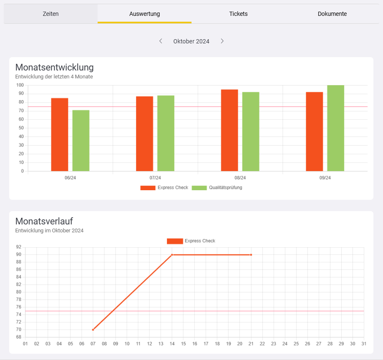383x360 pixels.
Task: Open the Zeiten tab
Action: [x=50, y=14]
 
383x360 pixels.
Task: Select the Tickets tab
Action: [x=238, y=14]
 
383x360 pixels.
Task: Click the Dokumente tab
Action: [x=332, y=14]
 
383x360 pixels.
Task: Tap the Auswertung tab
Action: [x=144, y=14]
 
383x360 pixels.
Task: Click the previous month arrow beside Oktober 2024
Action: [x=161, y=41]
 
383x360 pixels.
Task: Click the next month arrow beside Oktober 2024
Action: [x=222, y=41]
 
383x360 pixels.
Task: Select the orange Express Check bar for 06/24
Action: [x=60, y=134]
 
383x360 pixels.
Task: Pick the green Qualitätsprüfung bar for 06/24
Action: [x=81, y=140]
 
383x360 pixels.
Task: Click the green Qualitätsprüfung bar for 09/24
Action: [x=335, y=128]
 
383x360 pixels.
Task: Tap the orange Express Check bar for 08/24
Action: [x=229, y=130]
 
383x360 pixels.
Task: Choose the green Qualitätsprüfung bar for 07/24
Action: [x=166, y=133]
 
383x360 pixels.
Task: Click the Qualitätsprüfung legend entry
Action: [x=217, y=188]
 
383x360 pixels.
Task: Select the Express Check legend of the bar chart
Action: [x=164, y=188]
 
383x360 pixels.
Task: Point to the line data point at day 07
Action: [x=93, y=330]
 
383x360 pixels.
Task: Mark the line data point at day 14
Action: [x=172, y=254]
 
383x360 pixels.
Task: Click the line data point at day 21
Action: [x=251, y=254]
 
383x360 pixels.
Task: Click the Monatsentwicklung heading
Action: [x=54, y=67]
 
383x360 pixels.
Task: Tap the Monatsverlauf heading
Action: [x=44, y=221]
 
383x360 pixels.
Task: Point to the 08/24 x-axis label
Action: [x=240, y=178]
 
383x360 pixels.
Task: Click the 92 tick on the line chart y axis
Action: [x=19, y=247]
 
